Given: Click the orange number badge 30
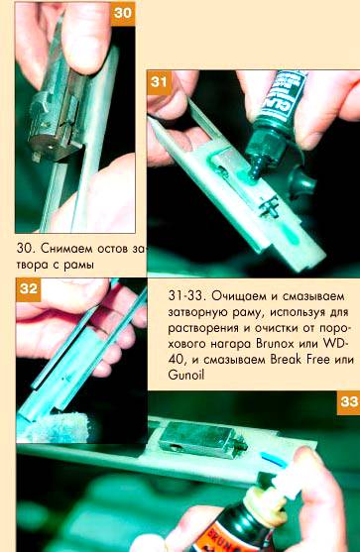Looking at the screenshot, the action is click(123, 14).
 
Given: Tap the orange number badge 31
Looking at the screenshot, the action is click(159, 82).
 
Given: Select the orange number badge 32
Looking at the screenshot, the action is click(29, 289).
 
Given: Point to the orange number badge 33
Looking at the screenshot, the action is click(348, 402).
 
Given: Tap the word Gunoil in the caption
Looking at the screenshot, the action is click(186, 375).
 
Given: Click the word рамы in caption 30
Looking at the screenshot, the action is click(78, 265).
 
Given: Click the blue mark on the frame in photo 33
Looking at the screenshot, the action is click(272, 459).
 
